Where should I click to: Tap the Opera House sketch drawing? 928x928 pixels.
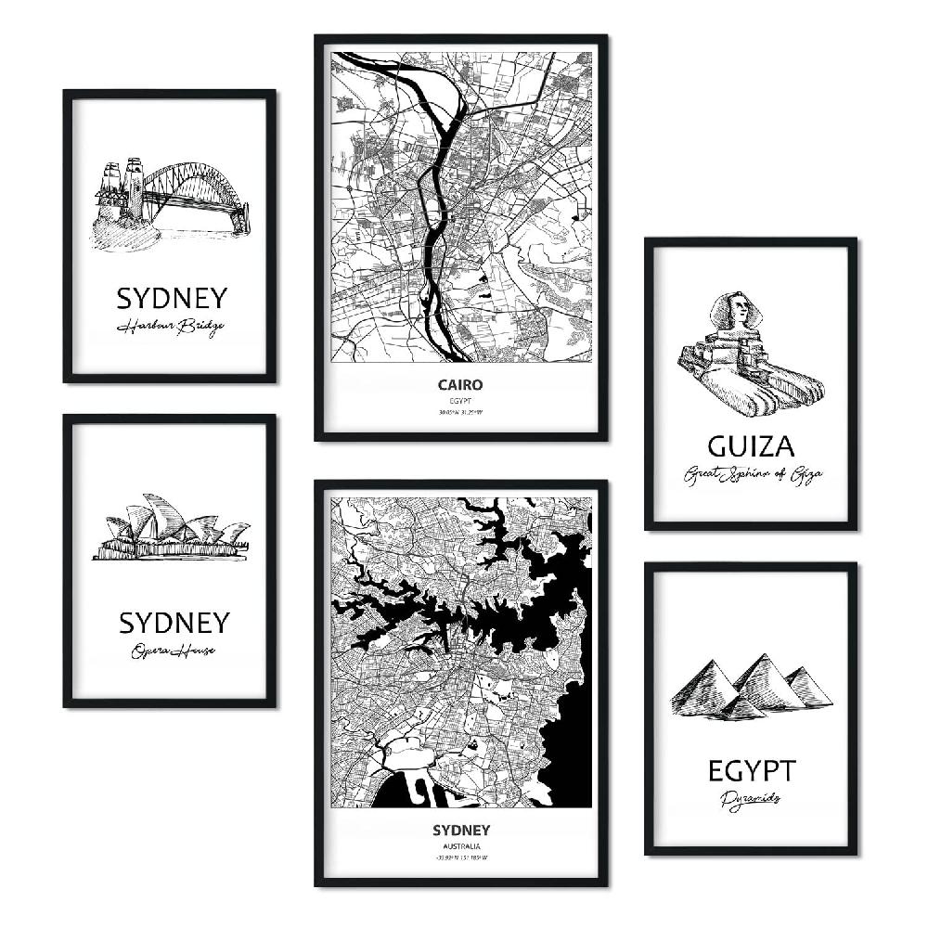click(172, 529)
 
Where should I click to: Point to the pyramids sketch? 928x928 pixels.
click(751, 688)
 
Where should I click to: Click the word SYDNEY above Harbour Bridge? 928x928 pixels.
click(172, 298)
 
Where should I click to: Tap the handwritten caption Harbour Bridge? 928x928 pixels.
click(171, 328)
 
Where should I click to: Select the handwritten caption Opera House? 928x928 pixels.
click(173, 651)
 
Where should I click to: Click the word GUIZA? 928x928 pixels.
click(751, 447)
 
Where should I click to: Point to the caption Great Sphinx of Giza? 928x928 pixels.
click(753, 476)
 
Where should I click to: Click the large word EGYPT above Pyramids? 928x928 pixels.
click(752, 770)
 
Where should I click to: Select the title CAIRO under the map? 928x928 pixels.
click(460, 383)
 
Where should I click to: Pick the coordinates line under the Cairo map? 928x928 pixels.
click(460, 413)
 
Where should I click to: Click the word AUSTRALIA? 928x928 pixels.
click(460, 846)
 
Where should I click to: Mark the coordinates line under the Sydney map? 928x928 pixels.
click(460, 859)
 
